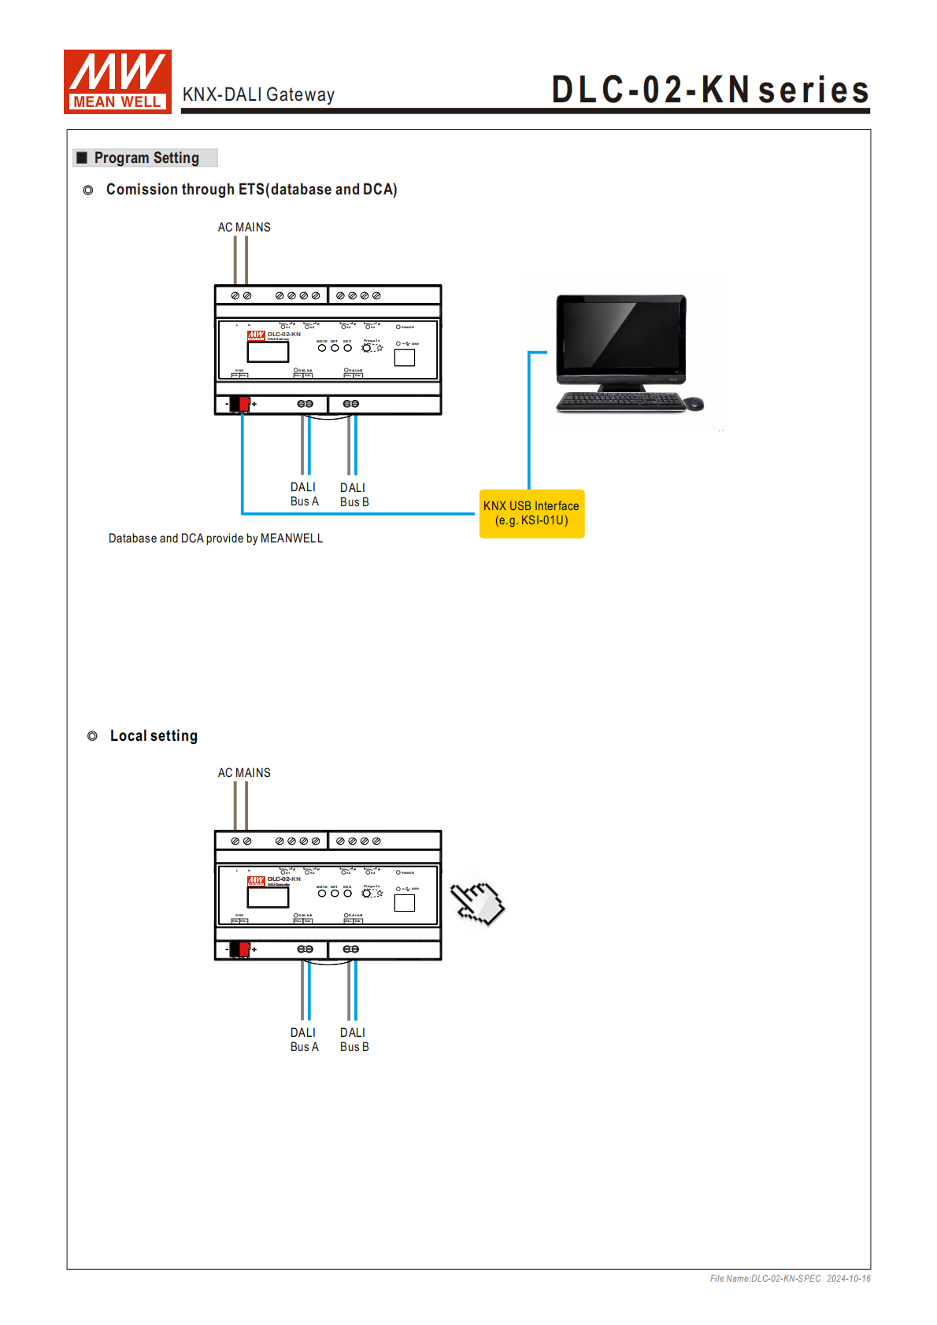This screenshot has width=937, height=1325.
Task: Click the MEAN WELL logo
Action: (117, 82)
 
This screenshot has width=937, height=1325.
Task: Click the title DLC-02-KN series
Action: (709, 90)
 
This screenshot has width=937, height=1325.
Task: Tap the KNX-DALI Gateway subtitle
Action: (258, 94)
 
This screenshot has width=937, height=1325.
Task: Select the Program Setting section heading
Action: (146, 157)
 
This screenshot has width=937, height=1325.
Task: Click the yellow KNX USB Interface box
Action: (531, 513)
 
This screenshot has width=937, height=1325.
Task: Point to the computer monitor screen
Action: (620, 337)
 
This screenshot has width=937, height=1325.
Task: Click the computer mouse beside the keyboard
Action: (693, 403)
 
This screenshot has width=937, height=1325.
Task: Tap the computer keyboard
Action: (620, 402)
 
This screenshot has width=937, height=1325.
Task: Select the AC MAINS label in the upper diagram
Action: (244, 228)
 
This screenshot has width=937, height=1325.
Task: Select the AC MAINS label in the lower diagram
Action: (244, 773)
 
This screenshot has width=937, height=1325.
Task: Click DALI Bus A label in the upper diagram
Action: (304, 494)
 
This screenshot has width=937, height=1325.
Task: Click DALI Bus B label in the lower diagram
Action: (354, 1040)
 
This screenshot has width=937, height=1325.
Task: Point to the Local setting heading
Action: (154, 736)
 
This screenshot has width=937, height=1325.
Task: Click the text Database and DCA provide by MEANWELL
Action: (216, 539)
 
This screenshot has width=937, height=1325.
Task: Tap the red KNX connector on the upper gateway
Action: (244, 404)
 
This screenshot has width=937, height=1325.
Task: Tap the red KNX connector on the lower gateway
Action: (244, 949)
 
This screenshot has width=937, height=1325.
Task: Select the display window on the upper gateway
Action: (268, 351)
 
